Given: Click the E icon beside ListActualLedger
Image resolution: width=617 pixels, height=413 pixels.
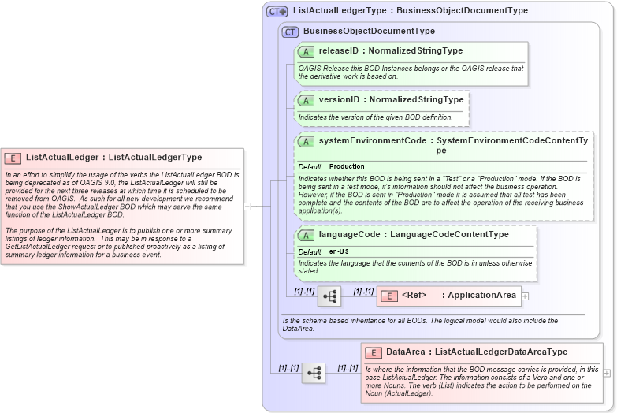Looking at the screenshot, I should pos(13,158).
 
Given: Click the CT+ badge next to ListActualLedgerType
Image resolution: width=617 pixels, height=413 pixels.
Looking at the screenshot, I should pos(277,11).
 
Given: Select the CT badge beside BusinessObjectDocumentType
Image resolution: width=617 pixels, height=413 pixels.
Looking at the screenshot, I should pos(290,32).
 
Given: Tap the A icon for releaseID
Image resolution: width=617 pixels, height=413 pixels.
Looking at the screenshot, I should pos(306,51).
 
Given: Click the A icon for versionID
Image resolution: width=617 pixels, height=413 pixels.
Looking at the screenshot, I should pos(306,100).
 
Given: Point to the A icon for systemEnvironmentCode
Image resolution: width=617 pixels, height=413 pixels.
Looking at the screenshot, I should pos(306,141).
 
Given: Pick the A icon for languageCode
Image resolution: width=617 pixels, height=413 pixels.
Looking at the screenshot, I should pos(306,235).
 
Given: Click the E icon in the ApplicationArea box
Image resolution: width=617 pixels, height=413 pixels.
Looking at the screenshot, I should pos(388,296).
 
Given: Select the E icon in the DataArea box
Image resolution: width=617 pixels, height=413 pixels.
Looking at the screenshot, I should pos(374,352).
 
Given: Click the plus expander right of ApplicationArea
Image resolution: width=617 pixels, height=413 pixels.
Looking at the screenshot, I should pos(525,296).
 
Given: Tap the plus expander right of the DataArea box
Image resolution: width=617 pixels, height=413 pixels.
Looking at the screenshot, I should pos(607,373).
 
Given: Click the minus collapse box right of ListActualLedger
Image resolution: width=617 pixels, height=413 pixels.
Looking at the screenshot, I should pos(247,206).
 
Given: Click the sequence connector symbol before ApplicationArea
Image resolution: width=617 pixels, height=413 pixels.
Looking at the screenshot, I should pos(329,296).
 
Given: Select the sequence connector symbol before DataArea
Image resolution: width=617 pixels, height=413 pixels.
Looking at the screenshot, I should pos(314,373).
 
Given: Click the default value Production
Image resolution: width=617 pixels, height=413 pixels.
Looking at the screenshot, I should pos(347,167).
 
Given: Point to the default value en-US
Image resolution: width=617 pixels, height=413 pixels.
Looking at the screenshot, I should pos(340,251).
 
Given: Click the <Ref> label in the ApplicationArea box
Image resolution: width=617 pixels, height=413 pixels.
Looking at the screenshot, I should pos(414,296).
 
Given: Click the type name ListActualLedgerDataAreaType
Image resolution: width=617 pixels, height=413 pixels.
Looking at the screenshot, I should pos(500,352).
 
